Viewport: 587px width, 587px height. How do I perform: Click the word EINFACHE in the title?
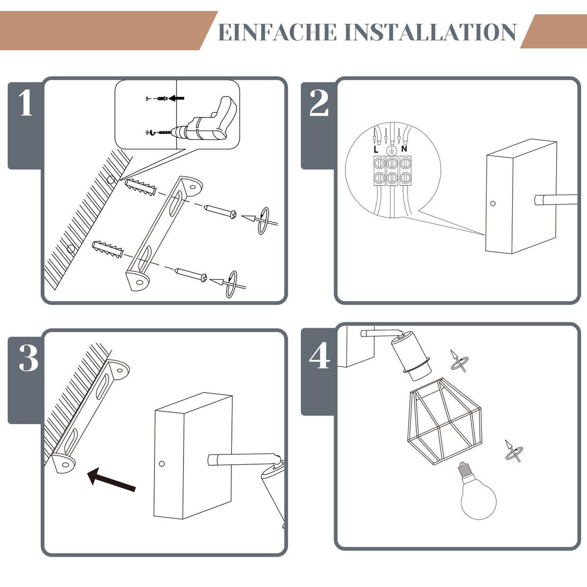coord(277,32)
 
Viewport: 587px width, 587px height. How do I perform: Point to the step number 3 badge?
coord(28,358)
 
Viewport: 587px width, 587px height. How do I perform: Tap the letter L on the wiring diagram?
coord(376,150)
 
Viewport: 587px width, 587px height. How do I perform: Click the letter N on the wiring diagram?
coord(404,149)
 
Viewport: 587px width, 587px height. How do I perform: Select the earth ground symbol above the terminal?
coord(391,151)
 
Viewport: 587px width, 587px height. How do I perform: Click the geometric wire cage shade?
coord(445,421)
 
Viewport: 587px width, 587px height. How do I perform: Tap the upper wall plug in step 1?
coord(140,187)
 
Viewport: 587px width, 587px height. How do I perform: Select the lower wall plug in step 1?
coord(108,249)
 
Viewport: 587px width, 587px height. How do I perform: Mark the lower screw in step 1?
coord(191,275)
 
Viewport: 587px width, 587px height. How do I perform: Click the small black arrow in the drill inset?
coord(177,98)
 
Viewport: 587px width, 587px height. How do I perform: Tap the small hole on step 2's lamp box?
coord(493,203)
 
